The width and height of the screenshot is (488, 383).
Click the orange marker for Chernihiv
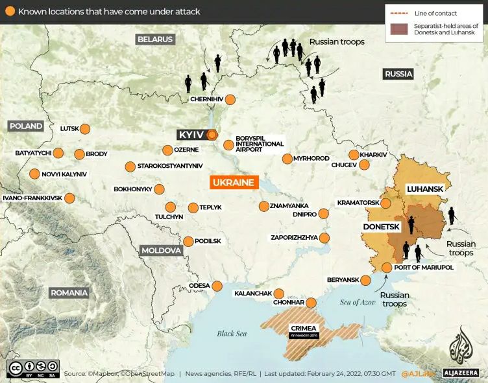point(230,99)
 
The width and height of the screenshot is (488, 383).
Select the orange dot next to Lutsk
point(84,129)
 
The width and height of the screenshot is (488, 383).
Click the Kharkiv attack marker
point(354,155)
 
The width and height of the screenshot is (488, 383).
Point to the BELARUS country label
point(155,40)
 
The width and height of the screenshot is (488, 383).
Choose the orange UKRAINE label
point(233,182)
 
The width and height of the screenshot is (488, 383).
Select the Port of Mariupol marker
point(387,268)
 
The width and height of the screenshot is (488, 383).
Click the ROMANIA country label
point(69,293)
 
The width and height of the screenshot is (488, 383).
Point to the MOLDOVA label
point(160,250)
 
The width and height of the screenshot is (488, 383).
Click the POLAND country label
point(25,126)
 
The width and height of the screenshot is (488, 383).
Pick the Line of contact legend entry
point(431,13)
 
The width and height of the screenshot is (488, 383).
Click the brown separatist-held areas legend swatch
point(399,29)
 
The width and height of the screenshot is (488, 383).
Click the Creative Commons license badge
point(33,369)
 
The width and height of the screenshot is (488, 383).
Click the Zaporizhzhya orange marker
point(324,238)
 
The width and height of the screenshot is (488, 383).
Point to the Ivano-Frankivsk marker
point(69,198)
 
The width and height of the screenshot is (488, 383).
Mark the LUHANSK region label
point(424,189)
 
